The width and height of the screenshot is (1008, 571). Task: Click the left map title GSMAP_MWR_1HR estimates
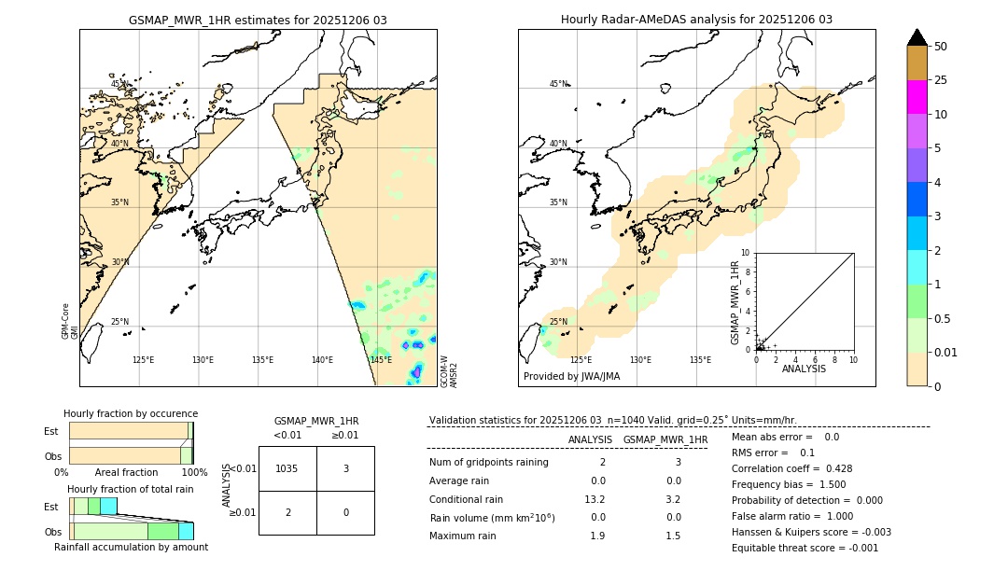pos(258,20)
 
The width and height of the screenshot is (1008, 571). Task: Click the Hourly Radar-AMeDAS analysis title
pos(696,20)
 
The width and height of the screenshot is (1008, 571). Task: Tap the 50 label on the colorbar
pos(941,47)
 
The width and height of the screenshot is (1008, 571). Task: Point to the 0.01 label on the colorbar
pos(946,352)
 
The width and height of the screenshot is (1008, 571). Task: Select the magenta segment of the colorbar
pos(917,97)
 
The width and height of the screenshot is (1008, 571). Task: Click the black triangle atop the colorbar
pos(917,37)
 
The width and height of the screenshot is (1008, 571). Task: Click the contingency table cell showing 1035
pos(287,468)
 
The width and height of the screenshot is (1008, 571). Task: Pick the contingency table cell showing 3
pos(345,468)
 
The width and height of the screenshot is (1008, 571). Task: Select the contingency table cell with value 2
pos(287,512)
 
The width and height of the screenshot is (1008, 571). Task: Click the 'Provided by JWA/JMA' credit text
pos(571,377)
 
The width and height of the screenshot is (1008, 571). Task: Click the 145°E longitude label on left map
pos(381,360)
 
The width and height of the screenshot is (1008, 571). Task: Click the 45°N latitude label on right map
pos(558,84)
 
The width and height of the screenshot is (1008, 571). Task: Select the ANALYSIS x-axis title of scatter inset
pos(804,369)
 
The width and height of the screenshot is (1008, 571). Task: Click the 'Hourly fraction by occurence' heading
pos(131,413)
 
